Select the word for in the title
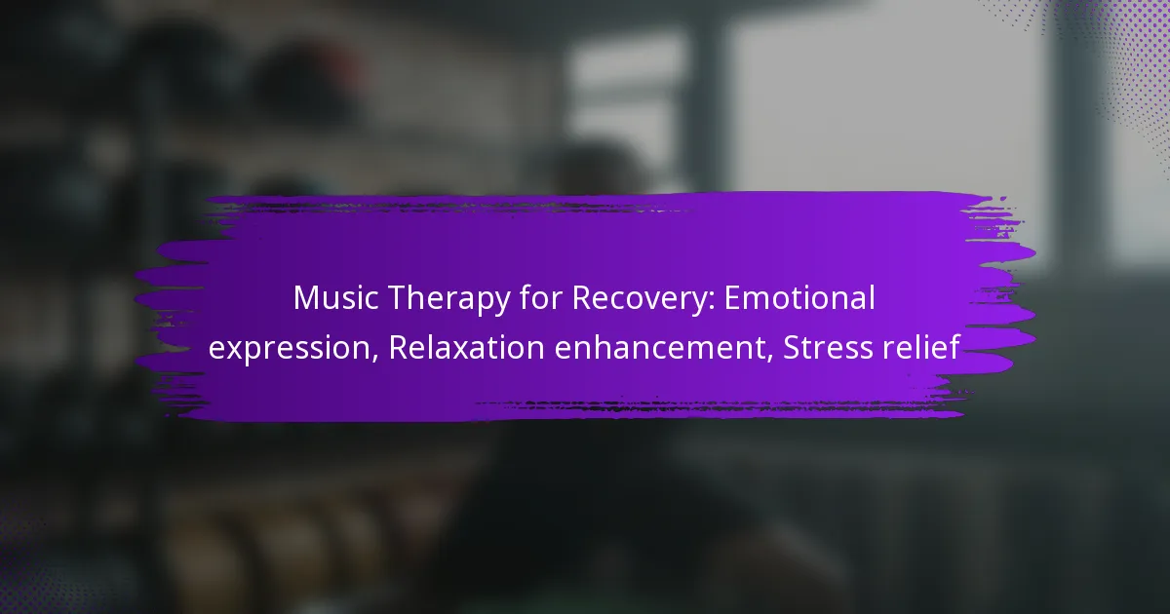[x=541, y=297]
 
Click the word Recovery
[x=640, y=300]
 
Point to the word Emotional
[x=799, y=297]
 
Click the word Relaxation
[x=466, y=347]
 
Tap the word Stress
[x=828, y=347]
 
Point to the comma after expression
[x=374, y=360]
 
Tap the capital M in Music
[x=305, y=297]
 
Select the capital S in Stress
[x=792, y=347]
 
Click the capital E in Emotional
[x=732, y=297]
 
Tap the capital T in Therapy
[x=398, y=297]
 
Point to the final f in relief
[x=953, y=347]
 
